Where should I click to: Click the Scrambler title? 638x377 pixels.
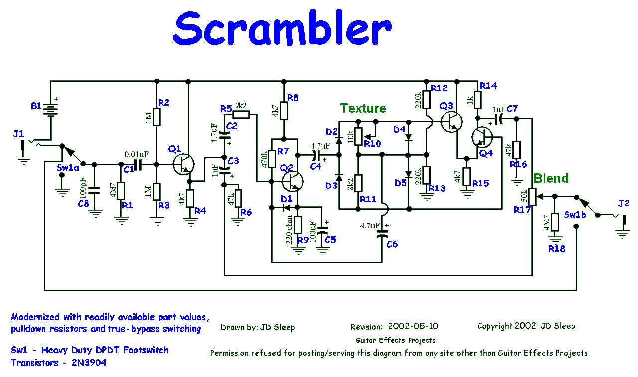[282, 30]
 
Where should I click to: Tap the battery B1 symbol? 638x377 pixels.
[50, 107]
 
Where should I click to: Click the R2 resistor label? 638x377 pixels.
[164, 103]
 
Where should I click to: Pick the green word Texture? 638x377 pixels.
[363, 108]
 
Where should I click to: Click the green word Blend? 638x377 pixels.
[551, 178]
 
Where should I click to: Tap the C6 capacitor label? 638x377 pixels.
[392, 244]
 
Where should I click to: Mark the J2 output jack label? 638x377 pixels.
[624, 203]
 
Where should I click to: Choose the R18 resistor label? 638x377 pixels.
[557, 248]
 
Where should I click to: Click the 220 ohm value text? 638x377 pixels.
[289, 229]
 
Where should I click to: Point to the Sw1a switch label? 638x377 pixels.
[68, 168]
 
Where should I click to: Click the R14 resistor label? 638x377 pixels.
[488, 86]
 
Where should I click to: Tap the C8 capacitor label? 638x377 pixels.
[84, 203]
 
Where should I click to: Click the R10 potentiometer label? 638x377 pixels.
[372, 144]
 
